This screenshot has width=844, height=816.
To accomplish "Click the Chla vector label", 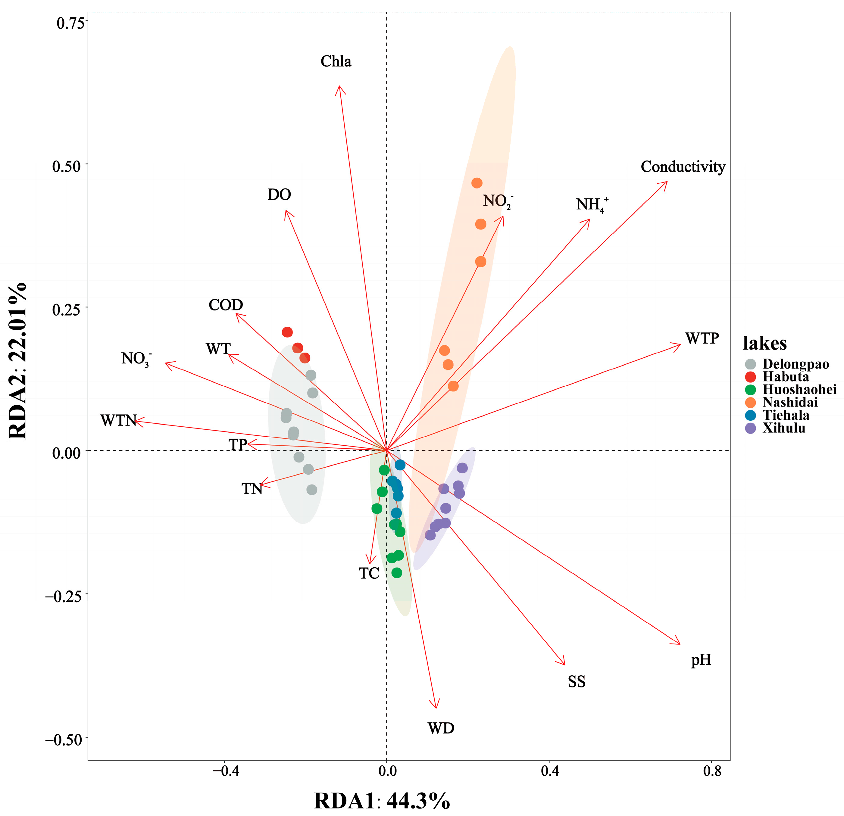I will tap(336, 61).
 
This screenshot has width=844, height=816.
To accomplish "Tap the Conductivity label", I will tap(683, 167).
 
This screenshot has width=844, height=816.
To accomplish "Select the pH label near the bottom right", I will tap(701, 660).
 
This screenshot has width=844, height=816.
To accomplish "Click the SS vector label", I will tap(577, 682).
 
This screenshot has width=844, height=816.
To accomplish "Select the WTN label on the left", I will tap(118, 420).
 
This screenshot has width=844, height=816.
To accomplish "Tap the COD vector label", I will tap(226, 305).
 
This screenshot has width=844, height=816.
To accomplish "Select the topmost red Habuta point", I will tap(287, 332).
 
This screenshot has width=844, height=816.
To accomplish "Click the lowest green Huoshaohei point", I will tap(397, 573).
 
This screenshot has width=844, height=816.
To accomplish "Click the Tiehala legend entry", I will tap(786, 415).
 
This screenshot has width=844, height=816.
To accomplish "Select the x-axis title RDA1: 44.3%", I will tap(382, 801).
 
